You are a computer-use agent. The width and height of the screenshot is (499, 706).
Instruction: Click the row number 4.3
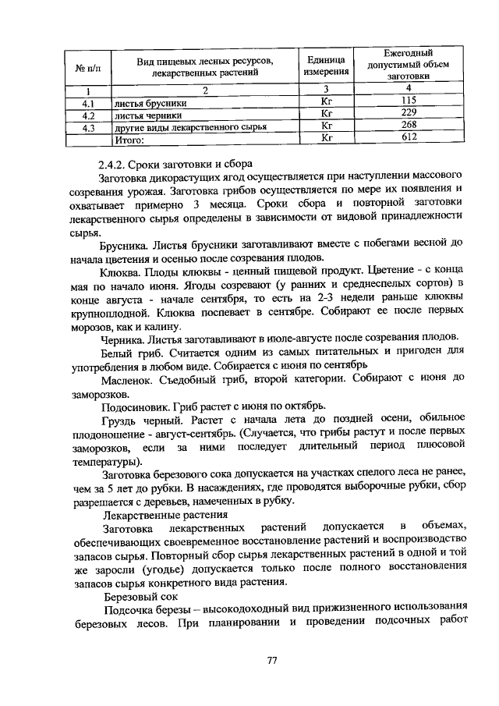pyautogui.click(x=88, y=126)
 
